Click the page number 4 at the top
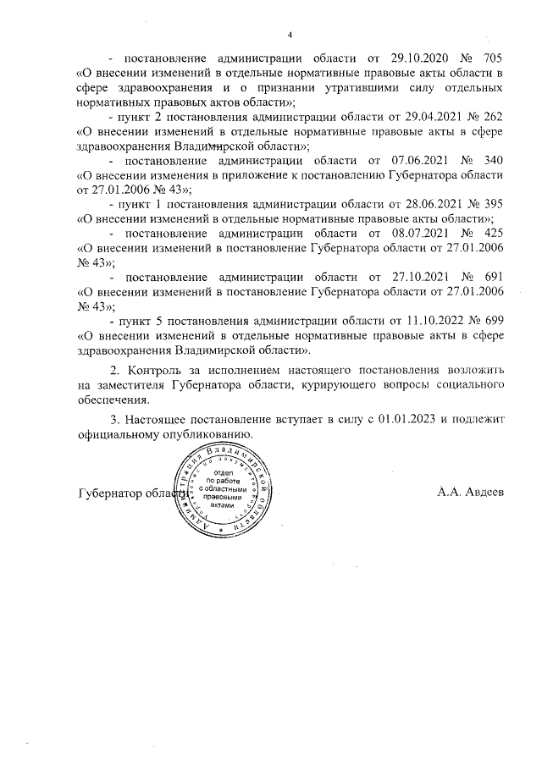[x=290, y=35]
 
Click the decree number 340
[x=492, y=160]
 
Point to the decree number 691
[x=492, y=278]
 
